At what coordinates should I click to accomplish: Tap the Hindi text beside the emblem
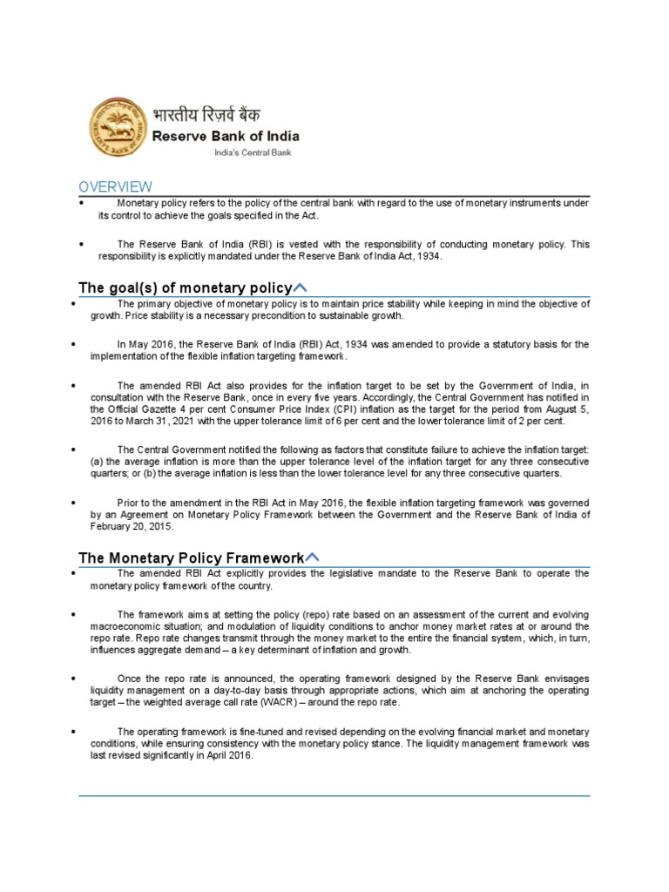(206, 114)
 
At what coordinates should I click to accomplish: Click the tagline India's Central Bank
(253, 152)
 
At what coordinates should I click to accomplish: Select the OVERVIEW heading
(115, 187)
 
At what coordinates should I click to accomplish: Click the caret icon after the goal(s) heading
(301, 287)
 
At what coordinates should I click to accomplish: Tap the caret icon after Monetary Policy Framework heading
(313, 557)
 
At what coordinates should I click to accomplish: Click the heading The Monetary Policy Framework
(192, 558)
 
